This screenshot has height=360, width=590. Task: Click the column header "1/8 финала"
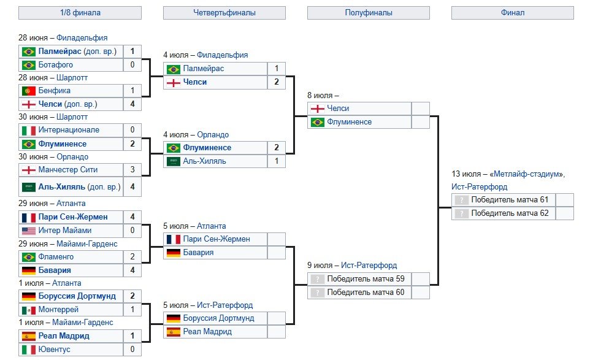(x=80, y=12)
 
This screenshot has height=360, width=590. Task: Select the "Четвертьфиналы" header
(x=224, y=12)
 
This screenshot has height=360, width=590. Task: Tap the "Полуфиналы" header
(x=368, y=12)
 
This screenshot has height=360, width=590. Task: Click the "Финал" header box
(x=512, y=12)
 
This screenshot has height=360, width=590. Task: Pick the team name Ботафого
(x=56, y=65)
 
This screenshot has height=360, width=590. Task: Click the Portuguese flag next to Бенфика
(x=28, y=91)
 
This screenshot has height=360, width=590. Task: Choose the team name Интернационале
(x=69, y=130)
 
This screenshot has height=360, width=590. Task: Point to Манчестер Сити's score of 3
(x=132, y=169)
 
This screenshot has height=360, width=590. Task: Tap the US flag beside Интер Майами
(x=28, y=231)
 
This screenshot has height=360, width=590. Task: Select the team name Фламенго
(x=56, y=257)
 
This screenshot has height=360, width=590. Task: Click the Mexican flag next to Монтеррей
(x=28, y=310)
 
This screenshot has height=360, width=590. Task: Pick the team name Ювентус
(x=55, y=349)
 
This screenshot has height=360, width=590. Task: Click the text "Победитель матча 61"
(x=510, y=200)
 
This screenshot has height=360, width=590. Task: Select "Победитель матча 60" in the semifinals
(x=366, y=293)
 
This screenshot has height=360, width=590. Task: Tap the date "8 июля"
(x=320, y=95)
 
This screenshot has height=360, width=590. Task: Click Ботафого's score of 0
(x=132, y=65)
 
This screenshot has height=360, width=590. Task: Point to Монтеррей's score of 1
(x=132, y=310)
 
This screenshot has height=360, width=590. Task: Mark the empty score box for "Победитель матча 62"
(x=564, y=213)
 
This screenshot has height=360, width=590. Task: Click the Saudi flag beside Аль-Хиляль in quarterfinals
(x=173, y=161)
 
